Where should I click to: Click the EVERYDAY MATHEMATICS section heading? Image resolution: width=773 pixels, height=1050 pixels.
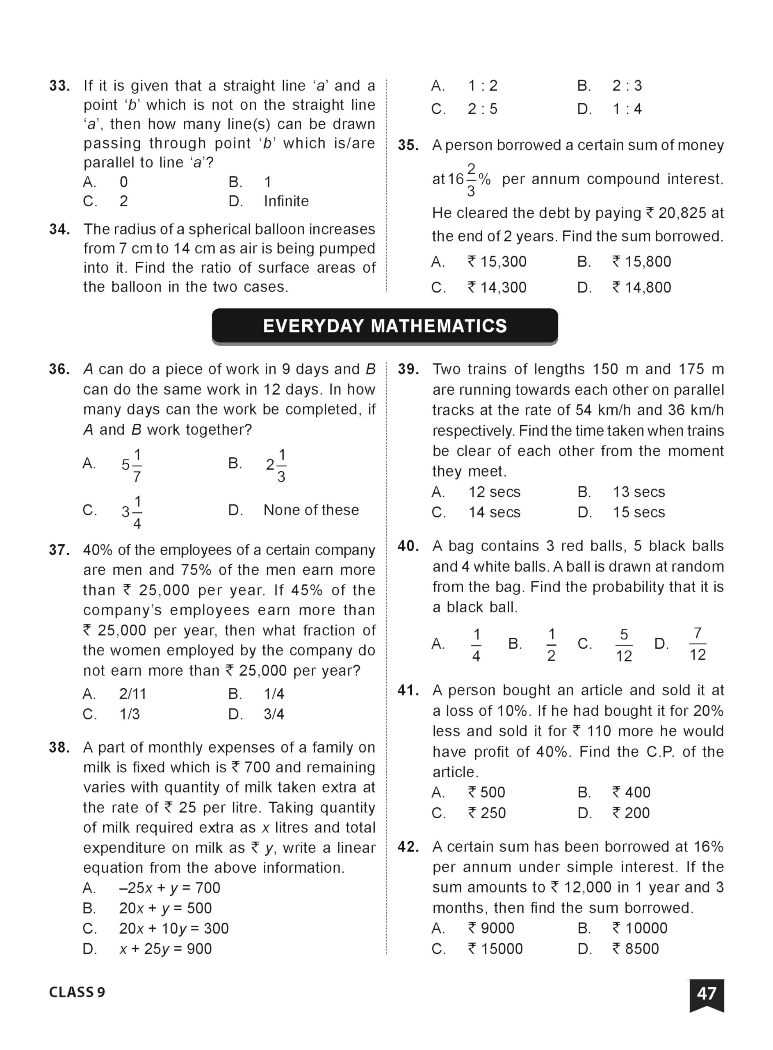click(x=385, y=326)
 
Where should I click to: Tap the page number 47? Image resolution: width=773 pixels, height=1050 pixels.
click(x=706, y=993)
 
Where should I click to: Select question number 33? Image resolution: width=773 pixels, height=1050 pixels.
click(x=60, y=86)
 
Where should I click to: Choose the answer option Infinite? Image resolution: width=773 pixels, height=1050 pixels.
click(x=286, y=201)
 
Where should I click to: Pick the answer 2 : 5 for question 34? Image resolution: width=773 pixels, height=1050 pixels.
click(x=482, y=109)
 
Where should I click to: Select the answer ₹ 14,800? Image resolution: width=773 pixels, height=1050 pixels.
click(x=641, y=287)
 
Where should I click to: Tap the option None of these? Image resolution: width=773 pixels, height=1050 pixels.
click(x=311, y=510)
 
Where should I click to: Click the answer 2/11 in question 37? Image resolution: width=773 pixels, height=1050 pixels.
click(x=132, y=694)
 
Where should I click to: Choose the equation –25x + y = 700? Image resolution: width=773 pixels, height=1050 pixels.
click(x=169, y=888)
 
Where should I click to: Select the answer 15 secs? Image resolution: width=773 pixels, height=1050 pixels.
click(x=639, y=512)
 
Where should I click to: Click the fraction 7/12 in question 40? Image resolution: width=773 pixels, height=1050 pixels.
click(x=697, y=644)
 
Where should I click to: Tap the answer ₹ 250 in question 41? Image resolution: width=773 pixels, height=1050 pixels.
click(x=487, y=813)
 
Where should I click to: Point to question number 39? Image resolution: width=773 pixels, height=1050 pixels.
click(x=408, y=369)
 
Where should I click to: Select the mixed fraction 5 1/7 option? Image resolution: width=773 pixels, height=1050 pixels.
click(x=132, y=465)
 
